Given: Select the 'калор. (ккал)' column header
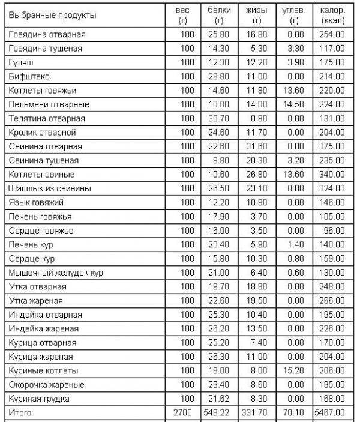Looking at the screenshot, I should (x=332, y=15).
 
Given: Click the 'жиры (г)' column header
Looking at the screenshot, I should (x=257, y=15).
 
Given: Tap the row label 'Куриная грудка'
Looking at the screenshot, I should (x=39, y=399).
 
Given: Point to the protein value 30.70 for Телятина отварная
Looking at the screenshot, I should (x=221, y=118).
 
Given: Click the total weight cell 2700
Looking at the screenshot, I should (x=184, y=412).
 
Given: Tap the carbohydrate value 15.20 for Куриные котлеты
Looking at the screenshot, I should (x=295, y=370).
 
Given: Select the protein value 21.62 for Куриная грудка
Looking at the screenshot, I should (x=221, y=399).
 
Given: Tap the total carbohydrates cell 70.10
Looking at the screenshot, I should (x=295, y=412).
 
